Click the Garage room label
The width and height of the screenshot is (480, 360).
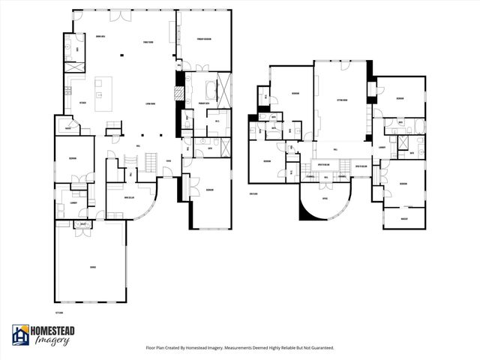coord(92,266)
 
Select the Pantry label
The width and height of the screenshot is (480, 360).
coord(68,128)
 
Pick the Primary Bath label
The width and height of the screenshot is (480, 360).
coord(203,103)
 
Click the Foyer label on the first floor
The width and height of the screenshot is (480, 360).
coord(169,160)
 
